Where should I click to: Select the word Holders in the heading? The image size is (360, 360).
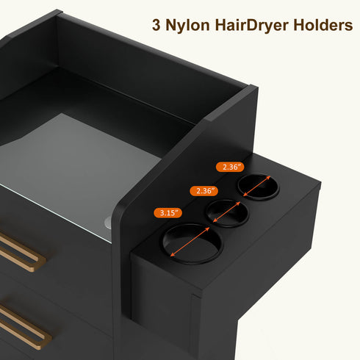(323, 25)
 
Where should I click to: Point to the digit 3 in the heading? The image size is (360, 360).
(156, 25)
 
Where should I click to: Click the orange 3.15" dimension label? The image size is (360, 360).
(168, 212)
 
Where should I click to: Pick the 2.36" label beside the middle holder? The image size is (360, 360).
(204, 191)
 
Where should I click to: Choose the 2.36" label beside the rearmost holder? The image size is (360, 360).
(230, 167)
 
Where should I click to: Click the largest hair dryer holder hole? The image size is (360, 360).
(192, 244)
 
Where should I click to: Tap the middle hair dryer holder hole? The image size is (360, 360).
(227, 213)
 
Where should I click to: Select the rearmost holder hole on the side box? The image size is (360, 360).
(258, 186)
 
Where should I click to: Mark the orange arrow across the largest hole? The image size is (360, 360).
(190, 242)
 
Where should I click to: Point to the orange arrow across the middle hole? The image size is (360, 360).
(227, 212)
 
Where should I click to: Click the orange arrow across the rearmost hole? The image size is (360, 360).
(257, 186)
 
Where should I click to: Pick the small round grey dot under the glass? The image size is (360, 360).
(108, 223)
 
